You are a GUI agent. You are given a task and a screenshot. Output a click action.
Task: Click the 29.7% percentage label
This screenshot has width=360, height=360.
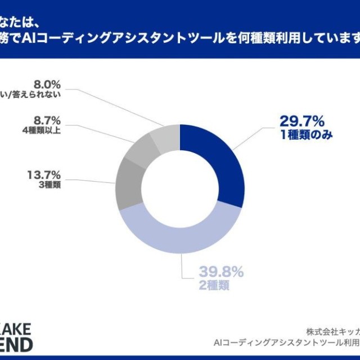pyautogui.click(x=303, y=121)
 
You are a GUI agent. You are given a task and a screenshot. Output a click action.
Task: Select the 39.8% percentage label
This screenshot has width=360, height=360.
pyautogui.click(x=221, y=273)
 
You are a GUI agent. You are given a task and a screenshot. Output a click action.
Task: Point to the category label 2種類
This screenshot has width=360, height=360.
pyautogui.click(x=214, y=285)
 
